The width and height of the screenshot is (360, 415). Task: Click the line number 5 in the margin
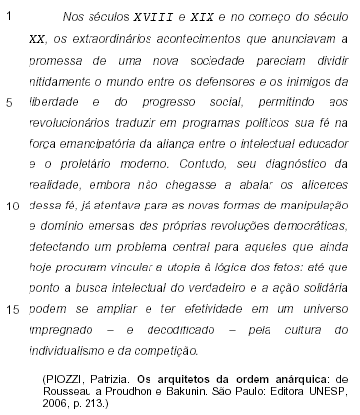click(x=10, y=104)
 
